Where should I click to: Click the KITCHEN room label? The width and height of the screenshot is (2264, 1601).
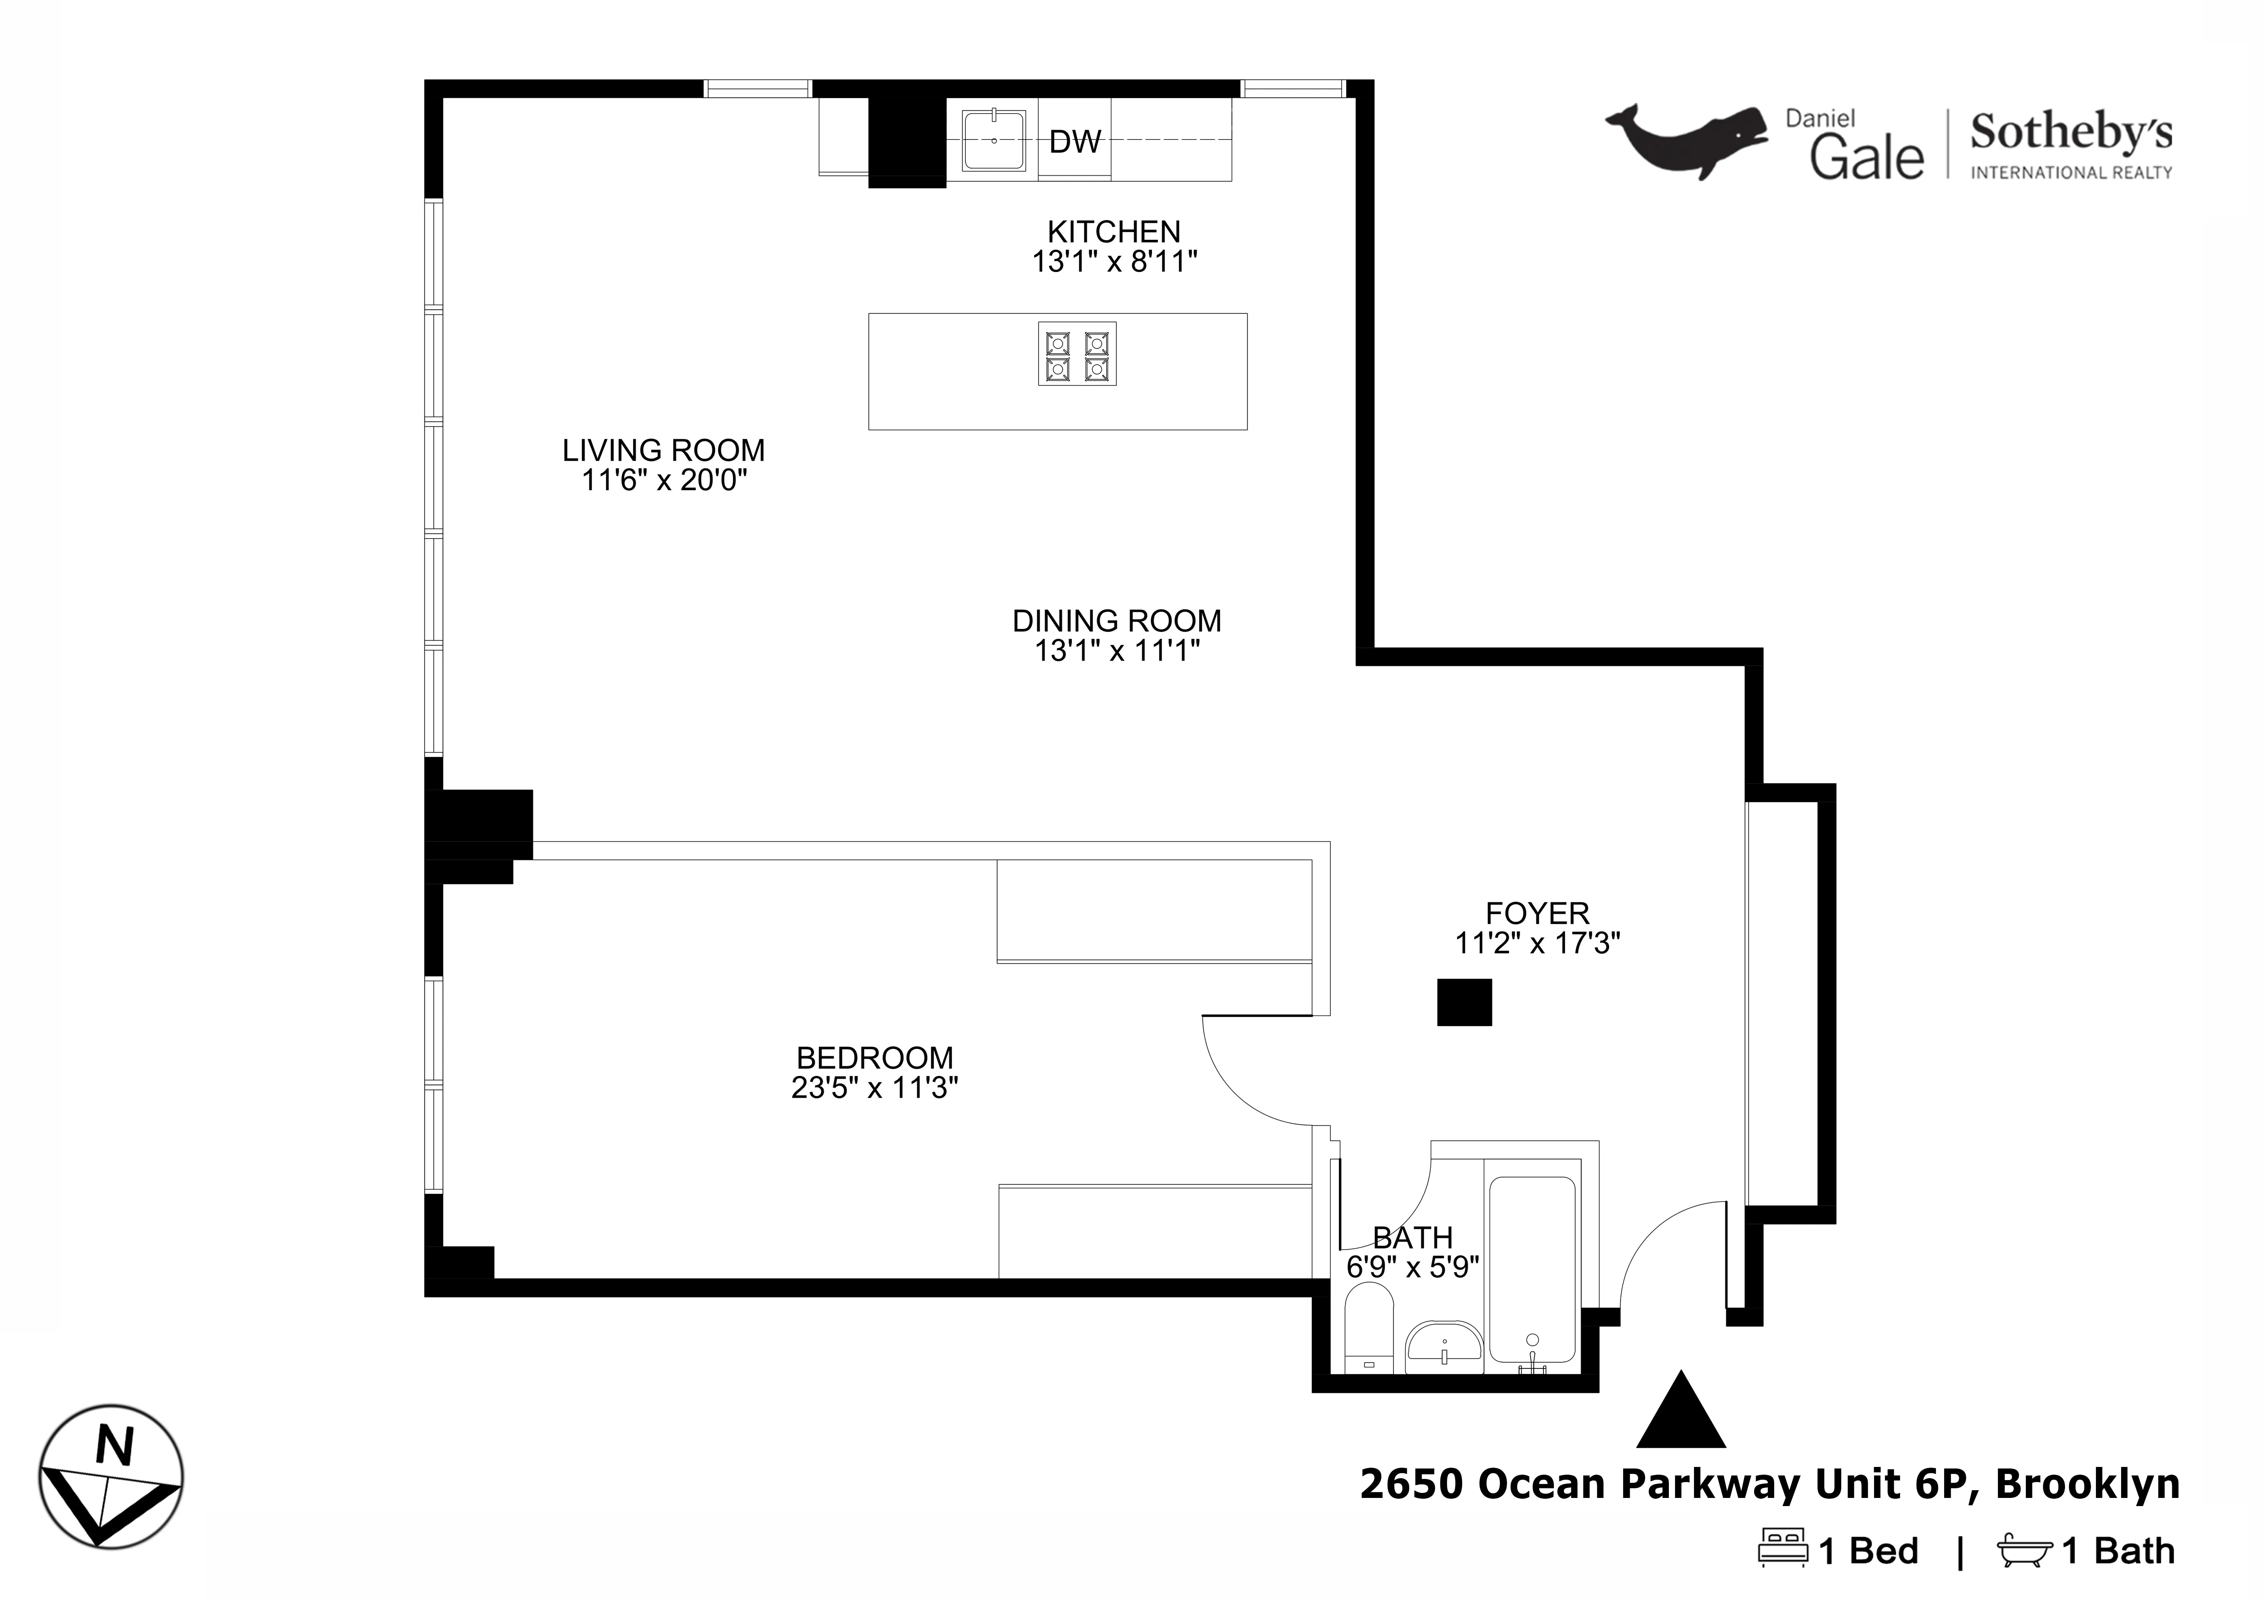(x=1113, y=232)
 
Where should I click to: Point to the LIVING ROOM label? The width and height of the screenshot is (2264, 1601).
(x=663, y=451)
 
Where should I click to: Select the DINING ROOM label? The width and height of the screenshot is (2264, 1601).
(x=1116, y=621)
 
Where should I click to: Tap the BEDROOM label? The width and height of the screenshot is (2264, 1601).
(x=875, y=1059)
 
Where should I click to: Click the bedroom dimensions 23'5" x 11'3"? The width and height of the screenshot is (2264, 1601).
(x=875, y=1088)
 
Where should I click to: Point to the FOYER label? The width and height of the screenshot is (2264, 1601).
(x=1536, y=914)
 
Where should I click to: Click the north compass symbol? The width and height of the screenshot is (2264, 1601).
(x=110, y=1477)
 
